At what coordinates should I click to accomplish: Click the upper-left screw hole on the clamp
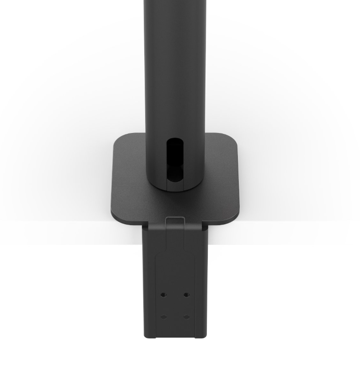click(x=163, y=295)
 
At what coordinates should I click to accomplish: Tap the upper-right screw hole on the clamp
click(x=186, y=295)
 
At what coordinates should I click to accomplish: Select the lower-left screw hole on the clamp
click(x=163, y=317)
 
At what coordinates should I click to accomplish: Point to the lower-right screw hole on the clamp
click(x=186, y=317)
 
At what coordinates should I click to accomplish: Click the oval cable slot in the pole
click(x=175, y=159)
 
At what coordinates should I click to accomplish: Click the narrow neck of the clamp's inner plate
click(x=175, y=239)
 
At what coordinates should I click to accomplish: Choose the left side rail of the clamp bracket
click(x=149, y=281)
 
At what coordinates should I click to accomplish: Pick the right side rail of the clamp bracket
click(x=201, y=281)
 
